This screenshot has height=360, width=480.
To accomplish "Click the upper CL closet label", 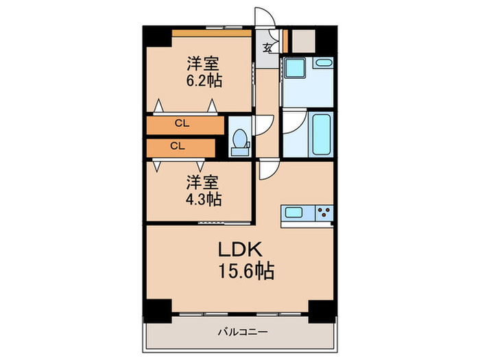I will [181, 124].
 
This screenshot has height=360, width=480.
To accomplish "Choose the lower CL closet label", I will [177, 146].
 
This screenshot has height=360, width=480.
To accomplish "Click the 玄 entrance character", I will [267, 48].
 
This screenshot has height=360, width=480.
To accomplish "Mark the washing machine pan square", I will [296, 70].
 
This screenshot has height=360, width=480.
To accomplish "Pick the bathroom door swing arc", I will [293, 123].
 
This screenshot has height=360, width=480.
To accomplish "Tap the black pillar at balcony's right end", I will [320, 311].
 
